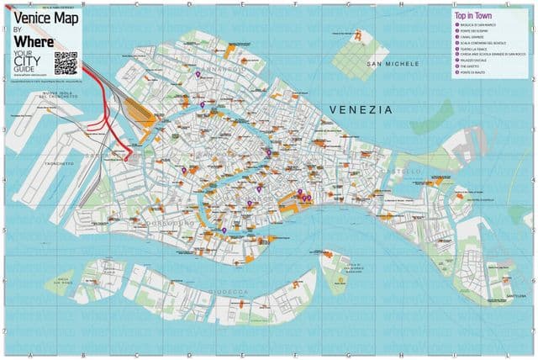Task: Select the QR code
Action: (65, 62)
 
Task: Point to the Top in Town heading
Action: (472, 16)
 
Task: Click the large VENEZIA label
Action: (361, 109)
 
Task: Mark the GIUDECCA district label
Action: (235, 291)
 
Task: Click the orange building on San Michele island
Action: (359, 37)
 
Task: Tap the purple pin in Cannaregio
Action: (198, 75)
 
